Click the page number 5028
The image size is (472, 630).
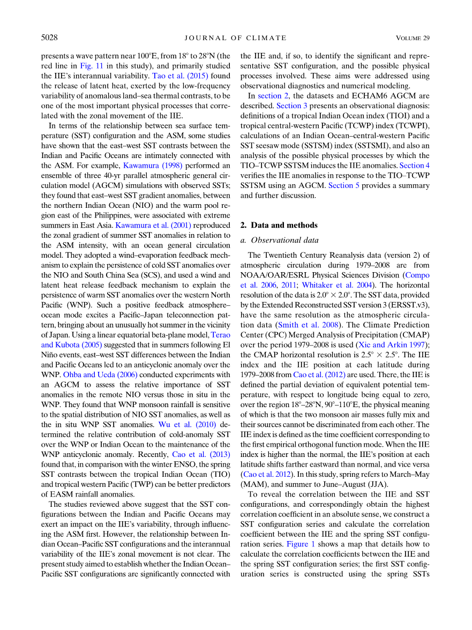pos(49,37)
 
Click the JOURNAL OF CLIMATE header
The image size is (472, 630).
pos(236,38)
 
